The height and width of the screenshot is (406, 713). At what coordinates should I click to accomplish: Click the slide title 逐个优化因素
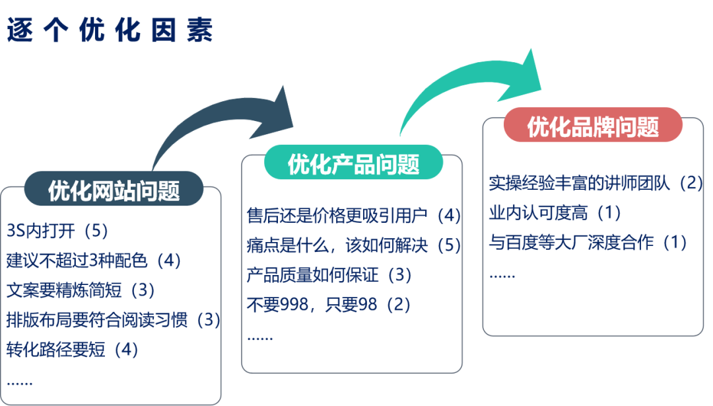point(110,30)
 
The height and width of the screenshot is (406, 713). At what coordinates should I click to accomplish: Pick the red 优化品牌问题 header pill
point(592,126)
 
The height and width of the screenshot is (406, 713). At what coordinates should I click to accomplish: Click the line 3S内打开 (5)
point(57,231)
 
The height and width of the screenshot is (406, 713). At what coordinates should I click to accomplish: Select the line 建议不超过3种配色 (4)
point(94,260)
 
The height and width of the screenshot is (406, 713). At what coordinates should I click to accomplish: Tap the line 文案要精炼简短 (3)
point(80,290)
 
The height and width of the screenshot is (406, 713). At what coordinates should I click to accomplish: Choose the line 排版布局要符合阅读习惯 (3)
point(113,319)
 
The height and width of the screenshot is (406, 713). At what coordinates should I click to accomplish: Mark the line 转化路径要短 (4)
point(73,349)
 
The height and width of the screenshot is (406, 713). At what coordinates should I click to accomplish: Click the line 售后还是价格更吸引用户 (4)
point(353,216)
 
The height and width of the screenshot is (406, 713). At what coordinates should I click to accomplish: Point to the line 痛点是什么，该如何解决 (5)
point(353,245)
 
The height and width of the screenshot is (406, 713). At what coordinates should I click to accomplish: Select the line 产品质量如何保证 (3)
point(329,274)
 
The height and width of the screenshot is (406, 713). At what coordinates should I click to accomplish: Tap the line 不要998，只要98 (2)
point(329,304)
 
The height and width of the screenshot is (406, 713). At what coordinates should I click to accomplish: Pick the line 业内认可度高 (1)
point(555,212)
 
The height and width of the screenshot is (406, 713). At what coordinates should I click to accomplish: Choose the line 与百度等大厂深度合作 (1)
point(588,242)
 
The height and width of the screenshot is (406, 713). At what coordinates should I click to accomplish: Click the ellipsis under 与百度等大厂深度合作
point(502,274)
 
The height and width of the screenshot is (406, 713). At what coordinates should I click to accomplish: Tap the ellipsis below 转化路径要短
point(19,382)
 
